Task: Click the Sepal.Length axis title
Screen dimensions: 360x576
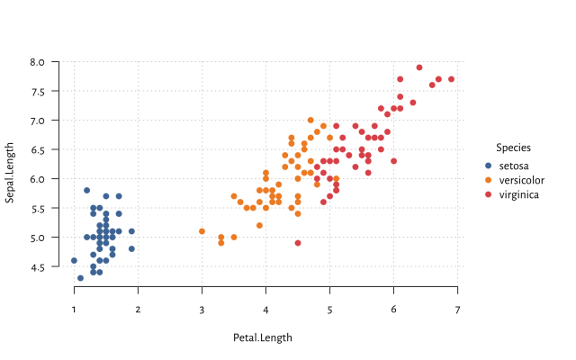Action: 10,173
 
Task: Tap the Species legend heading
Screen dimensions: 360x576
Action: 513,148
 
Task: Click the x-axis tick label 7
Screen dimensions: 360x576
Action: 457,310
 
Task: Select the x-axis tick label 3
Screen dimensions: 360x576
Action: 202,310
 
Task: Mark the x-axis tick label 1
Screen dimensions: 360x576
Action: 75,310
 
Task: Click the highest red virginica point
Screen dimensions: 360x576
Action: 419,67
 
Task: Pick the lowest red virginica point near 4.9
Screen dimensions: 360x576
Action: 298,243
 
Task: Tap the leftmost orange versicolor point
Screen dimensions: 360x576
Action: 202,231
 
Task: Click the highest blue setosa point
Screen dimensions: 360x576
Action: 87,190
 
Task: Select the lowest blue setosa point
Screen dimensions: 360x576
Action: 81,278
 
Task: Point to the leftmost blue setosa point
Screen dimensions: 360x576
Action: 75,261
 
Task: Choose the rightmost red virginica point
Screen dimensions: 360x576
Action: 451,79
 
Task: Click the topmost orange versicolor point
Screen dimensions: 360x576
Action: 310,120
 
